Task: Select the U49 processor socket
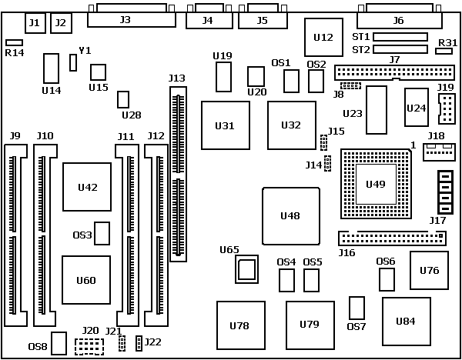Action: (x=375, y=184)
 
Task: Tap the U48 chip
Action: (x=290, y=215)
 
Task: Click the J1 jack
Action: (x=35, y=23)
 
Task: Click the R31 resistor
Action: (x=444, y=51)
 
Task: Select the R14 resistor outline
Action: (x=14, y=43)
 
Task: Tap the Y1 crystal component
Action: (x=73, y=62)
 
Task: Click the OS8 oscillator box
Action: (x=60, y=343)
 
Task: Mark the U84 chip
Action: (x=406, y=321)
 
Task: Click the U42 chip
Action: (x=86, y=187)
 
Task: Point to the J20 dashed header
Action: (x=89, y=346)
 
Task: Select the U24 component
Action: (x=416, y=107)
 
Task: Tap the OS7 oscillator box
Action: (x=357, y=308)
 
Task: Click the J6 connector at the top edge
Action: (x=399, y=19)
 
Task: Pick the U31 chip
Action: (x=225, y=125)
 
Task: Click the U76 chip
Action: (x=429, y=270)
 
